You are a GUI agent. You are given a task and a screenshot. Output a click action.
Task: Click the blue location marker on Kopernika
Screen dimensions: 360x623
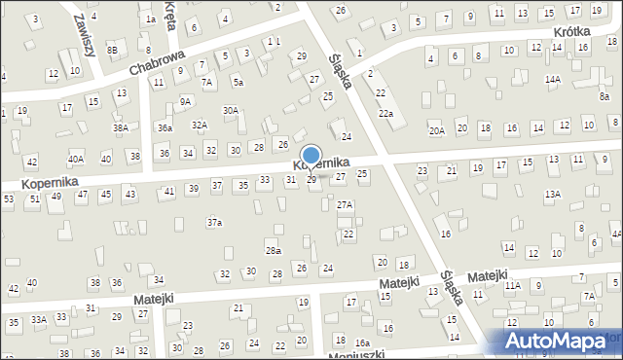click(311, 156)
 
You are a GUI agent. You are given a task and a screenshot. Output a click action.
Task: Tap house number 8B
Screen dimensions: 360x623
click(113, 50)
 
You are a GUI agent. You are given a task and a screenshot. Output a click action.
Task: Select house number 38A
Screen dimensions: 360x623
click(120, 127)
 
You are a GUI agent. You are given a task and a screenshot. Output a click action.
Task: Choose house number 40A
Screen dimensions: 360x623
click(76, 159)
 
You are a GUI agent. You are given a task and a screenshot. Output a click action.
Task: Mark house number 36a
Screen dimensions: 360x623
click(165, 127)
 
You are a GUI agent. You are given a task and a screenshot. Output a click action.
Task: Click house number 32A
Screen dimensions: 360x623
click(199, 125)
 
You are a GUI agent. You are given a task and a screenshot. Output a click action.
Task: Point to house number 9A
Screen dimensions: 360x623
click(185, 101)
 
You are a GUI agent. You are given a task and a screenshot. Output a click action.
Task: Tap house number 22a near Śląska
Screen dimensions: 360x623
click(385, 115)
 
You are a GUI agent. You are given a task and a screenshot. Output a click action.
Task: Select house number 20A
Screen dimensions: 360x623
click(436, 129)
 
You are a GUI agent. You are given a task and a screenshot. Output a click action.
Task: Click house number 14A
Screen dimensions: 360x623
click(552, 79)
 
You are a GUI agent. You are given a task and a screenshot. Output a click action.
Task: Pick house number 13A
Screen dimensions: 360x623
click(552, 195)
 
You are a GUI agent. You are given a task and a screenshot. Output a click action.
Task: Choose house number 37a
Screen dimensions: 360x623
click(214, 223)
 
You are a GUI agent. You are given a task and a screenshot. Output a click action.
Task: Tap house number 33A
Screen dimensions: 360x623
click(38, 319)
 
